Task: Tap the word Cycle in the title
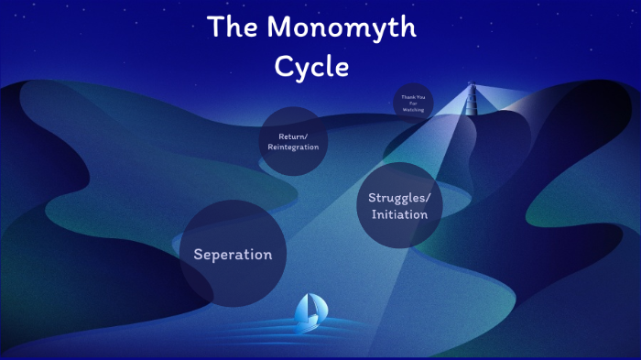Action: (311, 67)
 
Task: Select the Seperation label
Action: (233, 254)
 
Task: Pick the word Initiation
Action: (399, 214)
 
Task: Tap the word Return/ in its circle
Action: (293, 136)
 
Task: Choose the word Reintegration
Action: (293, 147)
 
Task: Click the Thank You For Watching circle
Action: (413, 102)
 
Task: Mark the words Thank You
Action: (413, 96)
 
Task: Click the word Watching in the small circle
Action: (413, 109)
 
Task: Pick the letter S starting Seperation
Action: (198, 254)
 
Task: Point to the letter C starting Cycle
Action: (282, 67)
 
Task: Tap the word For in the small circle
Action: (413, 103)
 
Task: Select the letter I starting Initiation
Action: (373, 214)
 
